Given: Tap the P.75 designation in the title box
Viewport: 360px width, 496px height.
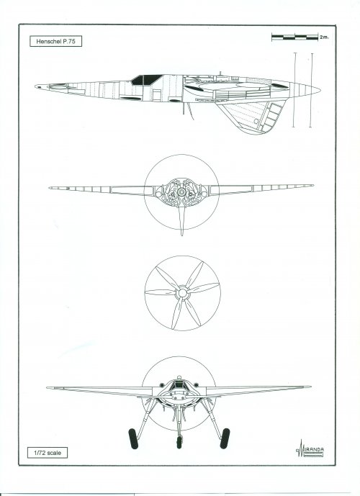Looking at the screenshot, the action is (69, 42).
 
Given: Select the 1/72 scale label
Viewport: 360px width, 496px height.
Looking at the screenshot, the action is (47, 453).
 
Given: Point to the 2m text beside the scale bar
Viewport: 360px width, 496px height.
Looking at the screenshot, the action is (324, 37).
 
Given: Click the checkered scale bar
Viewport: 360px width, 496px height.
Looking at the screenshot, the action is (294, 37).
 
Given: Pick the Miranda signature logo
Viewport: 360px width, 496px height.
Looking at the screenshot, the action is (310, 448).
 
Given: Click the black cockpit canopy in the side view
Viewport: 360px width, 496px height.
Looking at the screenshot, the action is (146, 80).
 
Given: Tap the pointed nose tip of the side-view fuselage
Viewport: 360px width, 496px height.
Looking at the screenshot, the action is (36, 86).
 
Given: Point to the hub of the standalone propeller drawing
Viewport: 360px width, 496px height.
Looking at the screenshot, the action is (182, 293).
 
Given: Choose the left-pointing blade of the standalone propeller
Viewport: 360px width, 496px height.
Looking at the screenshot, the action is (161, 292).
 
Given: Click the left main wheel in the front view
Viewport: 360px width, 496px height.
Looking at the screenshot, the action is (133, 438).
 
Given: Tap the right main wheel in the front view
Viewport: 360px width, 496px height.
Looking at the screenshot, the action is (225, 438).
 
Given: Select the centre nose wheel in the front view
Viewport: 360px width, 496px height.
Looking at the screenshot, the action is (179, 442).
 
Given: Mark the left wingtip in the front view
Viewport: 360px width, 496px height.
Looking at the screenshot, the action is (48, 387).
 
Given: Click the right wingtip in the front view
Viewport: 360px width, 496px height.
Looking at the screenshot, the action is (309, 387).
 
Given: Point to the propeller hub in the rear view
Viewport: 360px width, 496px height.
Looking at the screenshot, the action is (181, 192).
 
